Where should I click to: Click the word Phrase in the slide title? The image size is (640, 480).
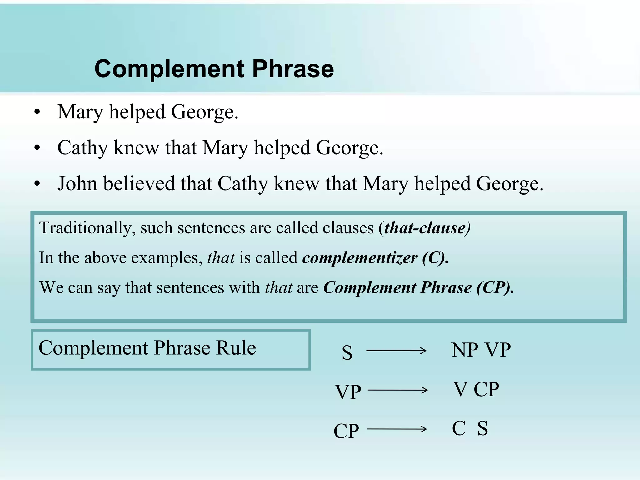click(293, 69)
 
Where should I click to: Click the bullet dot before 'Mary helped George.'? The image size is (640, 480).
click(37, 112)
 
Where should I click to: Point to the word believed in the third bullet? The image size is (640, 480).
click(139, 183)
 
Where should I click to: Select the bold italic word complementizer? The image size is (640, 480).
click(360, 258)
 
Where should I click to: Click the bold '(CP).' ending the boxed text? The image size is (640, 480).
click(495, 287)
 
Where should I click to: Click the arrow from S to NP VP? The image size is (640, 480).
click(396, 351)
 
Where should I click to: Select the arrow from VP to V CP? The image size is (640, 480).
click(397, 390)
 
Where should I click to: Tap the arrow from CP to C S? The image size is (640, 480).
click(397, 429)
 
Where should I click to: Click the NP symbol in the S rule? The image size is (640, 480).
click(465, 350)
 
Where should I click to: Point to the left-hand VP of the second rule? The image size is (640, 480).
click(348, 392)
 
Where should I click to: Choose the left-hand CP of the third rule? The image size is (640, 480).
click(346, 431)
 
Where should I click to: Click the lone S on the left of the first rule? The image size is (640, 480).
click(347, 353)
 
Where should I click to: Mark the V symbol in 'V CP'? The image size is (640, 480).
click(461, 389)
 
